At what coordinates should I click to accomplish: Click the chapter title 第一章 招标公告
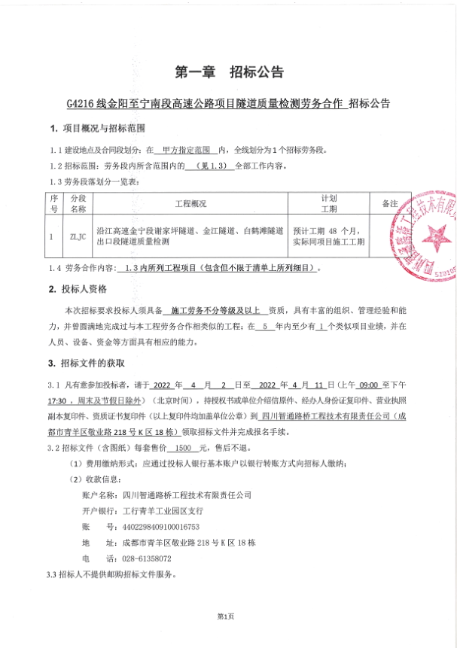click(229, 72)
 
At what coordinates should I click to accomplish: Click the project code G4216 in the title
click(81, 103)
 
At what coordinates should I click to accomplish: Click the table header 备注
click(389, 204)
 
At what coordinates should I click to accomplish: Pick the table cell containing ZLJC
click(78, 236)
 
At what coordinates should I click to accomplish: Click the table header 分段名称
click(78, 204)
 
